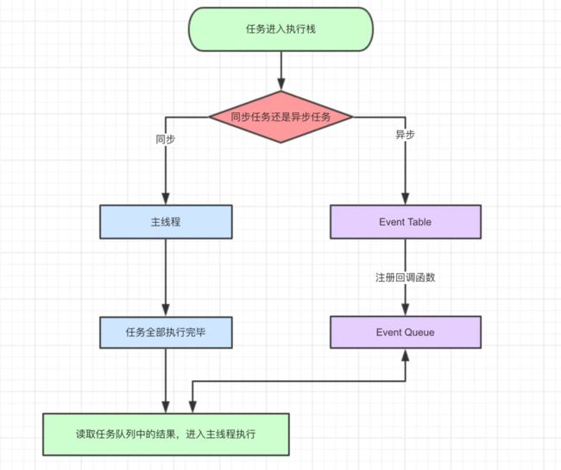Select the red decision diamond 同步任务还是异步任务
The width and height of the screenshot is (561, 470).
coord(280,116)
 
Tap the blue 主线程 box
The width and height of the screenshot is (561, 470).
coord(165,222)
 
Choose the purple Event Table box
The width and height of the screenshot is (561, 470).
coord(405,222)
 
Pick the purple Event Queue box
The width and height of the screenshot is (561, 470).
coord(405,332)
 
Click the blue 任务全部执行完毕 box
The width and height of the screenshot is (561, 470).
coord(165,332)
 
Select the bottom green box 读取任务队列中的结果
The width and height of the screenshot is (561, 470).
coord(166,435)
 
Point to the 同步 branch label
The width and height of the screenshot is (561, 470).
coord(165,138)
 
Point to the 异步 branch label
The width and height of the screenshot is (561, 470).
coord(405,136)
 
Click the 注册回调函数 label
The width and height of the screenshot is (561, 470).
coord(405,277)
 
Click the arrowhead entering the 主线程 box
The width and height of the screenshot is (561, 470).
coord(165,199)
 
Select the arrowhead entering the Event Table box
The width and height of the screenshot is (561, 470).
coord(405,199)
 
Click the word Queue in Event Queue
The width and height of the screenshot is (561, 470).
coord(419,332)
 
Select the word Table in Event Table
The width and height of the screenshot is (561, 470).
coord(419,222)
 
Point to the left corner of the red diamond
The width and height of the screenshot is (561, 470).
coord(211,116)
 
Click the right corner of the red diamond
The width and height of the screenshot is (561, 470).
coord(351,116)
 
